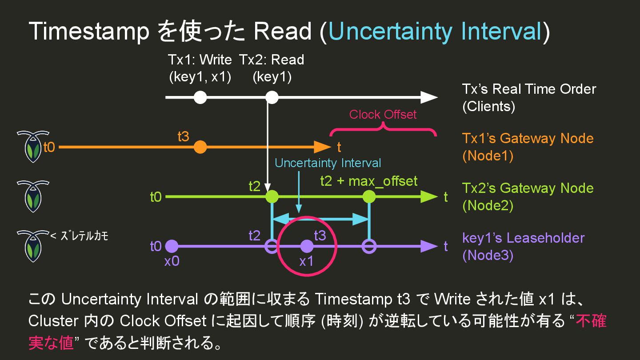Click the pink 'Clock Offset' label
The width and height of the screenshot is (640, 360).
click(383, 114)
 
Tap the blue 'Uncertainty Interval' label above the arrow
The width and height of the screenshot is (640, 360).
click(328, 163)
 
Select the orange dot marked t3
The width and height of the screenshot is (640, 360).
click(200, 147)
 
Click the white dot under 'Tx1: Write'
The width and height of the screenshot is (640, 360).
click(200, 97)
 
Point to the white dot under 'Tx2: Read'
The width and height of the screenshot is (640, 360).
click(272, 97)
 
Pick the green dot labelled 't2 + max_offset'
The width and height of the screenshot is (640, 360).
click(369, 196)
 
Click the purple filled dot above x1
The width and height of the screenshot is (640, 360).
click(306, 246)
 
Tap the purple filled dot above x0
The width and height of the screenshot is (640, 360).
click(172, 246)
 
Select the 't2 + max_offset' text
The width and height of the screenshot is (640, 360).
click(368, 181)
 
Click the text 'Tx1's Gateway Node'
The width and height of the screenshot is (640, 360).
click(528, 138)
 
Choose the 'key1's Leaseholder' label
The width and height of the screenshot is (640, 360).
click(523, 238)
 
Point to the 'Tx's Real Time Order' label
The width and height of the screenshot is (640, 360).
click(529, 89)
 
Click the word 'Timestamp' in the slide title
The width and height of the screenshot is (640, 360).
click(89, 32)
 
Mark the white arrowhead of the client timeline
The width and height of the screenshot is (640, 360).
click(429, 97)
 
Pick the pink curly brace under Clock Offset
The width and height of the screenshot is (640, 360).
click(383, 129)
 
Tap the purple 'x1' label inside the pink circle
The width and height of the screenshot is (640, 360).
click(306, 261)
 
